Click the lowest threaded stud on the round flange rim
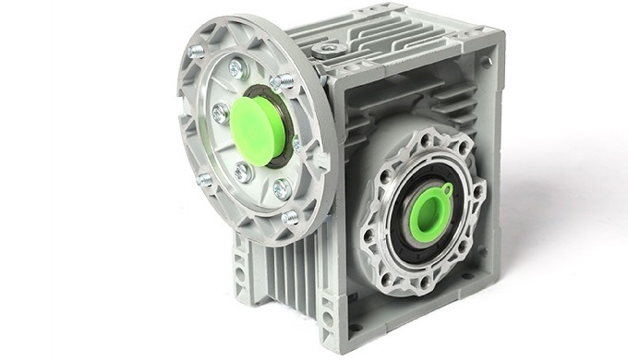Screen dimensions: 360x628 tap(290, 217)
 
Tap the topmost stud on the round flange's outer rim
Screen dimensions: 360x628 tap(197, 52)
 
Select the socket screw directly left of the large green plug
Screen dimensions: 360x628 tap(220, 113)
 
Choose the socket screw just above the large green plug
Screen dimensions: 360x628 tap(236, 67)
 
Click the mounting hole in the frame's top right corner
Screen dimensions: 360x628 tap(487, 63)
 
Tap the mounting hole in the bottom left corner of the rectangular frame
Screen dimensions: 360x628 tap(356, 325)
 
